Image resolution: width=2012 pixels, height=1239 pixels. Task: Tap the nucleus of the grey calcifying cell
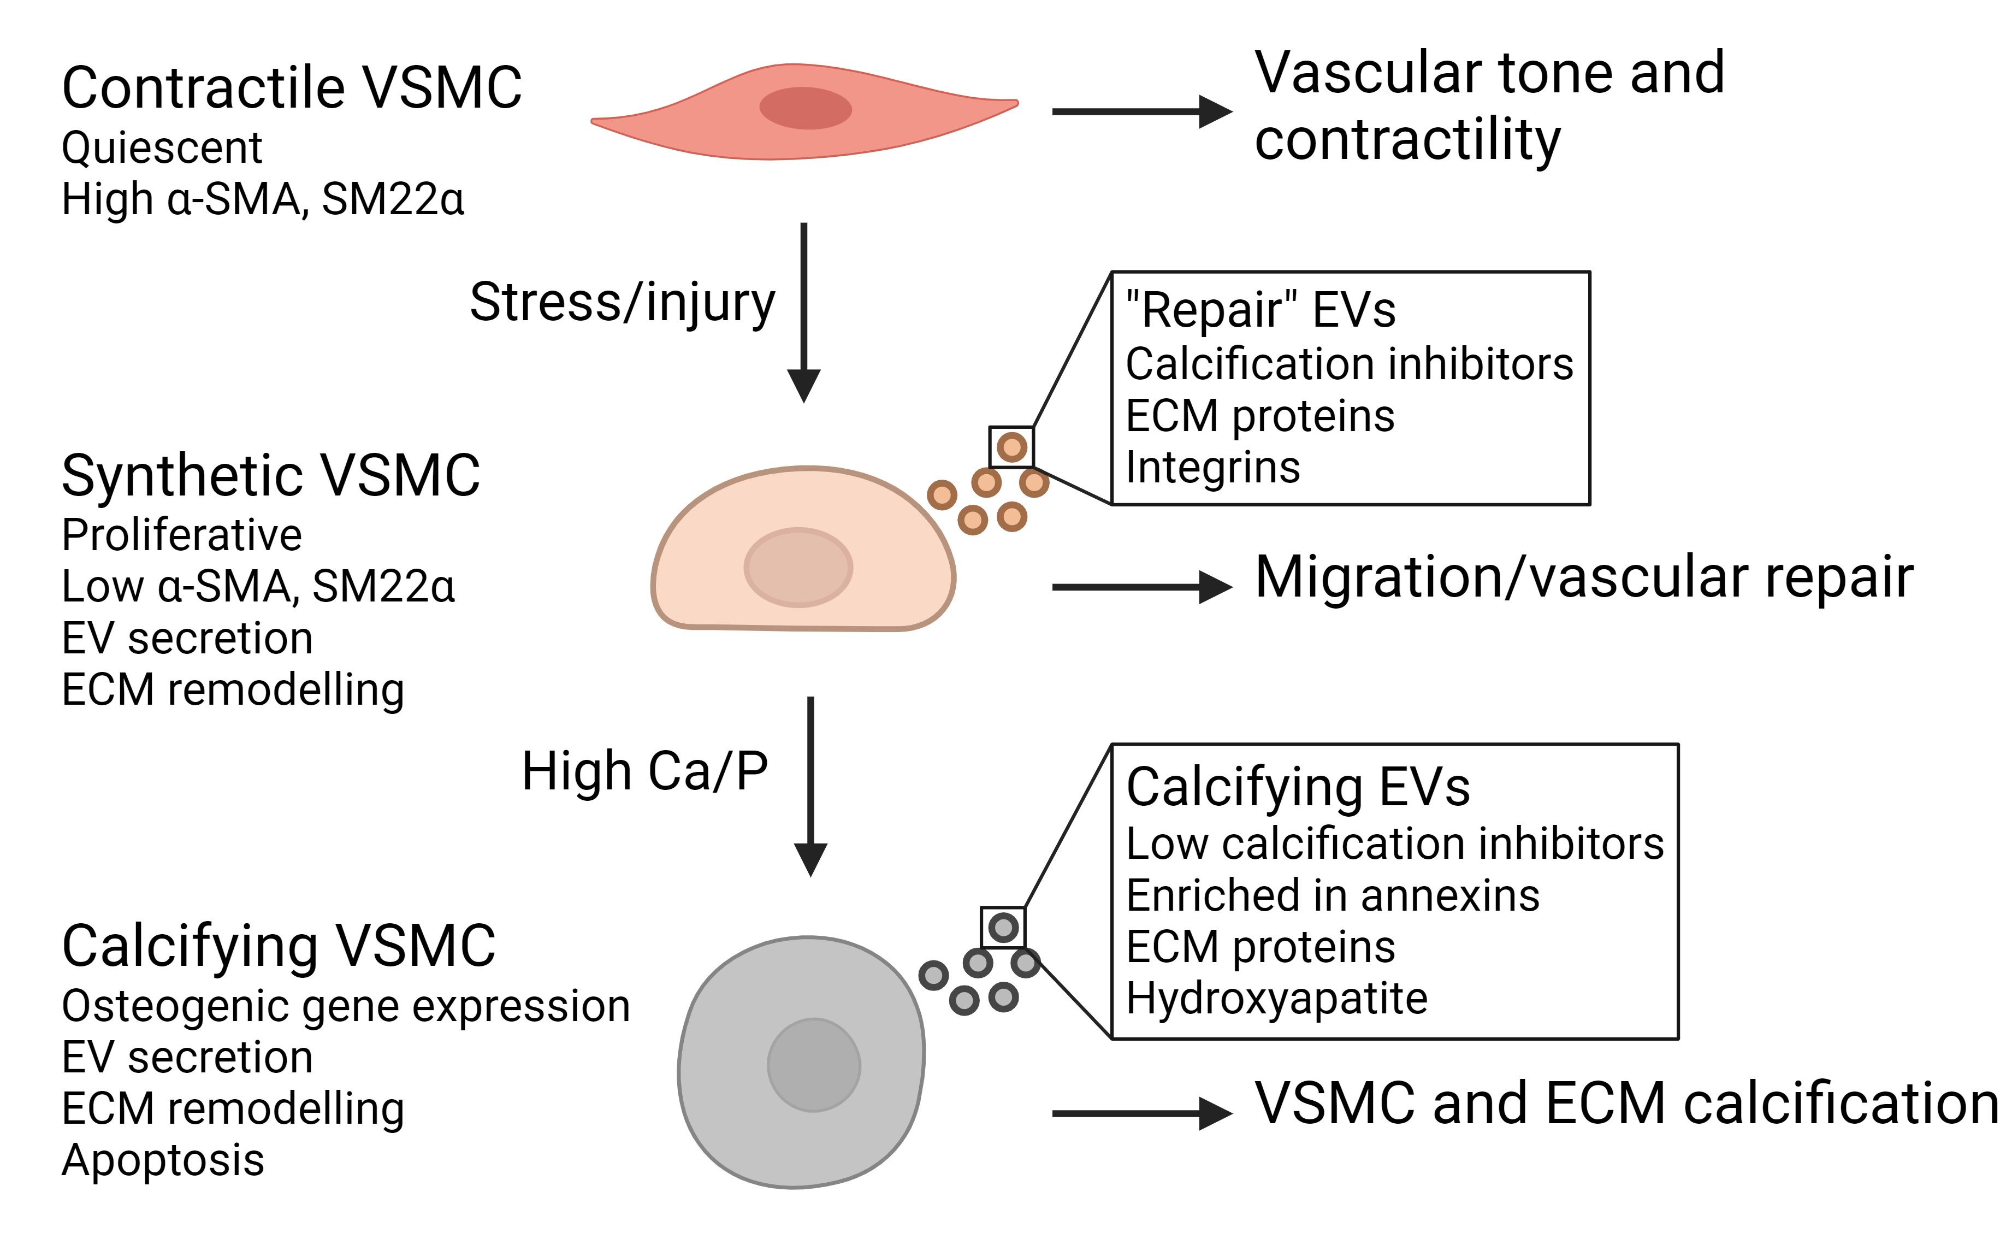click(x=814, y=1064)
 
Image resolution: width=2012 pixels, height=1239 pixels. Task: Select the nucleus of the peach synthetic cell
click(x=798, y=567)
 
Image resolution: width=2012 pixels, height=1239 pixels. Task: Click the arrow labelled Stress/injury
click(x=804, y=311)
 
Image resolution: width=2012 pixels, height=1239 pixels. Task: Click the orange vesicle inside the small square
click(x=1011, y=447)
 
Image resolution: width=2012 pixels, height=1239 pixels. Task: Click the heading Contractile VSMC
click(x=292, y=87)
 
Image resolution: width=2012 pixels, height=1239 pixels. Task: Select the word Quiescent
click(x=162, y=149)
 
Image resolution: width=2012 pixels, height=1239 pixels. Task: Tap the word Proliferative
click(x=182, y=535)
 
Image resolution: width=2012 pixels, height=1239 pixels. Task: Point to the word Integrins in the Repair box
click(x=1212, y=468)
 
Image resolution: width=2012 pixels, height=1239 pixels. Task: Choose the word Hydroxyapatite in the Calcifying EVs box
click(x=1276, y=998)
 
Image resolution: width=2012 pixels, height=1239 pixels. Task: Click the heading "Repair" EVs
click(x=1260, y=310)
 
